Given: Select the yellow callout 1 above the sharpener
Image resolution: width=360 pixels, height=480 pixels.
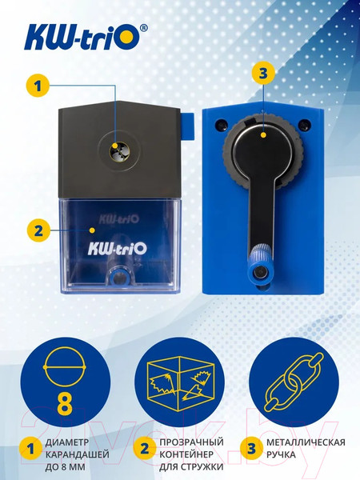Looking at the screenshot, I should tap(34, 84).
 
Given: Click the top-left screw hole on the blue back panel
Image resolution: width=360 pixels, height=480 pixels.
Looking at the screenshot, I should tap(220, 125).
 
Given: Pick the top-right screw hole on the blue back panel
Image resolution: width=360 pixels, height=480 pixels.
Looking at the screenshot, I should tap(305, 125).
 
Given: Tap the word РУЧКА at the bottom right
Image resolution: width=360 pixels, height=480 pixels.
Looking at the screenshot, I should tap(285, 454).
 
